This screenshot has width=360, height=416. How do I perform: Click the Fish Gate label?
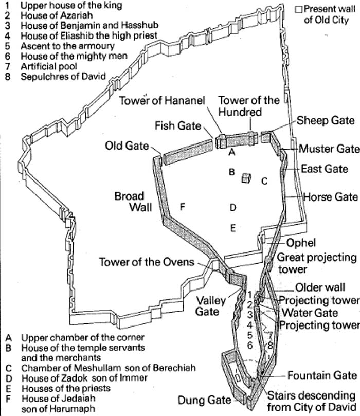point(178,125)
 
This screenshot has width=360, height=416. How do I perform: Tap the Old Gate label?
point(127,146)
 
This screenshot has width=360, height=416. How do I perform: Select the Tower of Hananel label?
point(162,101)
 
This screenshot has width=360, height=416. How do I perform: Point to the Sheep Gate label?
point(326,120)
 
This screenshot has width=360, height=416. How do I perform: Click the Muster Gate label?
point(329,149)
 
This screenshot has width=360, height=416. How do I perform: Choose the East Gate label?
point(325,169)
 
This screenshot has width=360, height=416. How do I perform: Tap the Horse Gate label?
point(331,197)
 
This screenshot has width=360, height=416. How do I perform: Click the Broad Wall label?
point(133,202)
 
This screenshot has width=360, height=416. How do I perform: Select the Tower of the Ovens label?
point(147,262)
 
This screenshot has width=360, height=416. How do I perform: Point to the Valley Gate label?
point(211,306)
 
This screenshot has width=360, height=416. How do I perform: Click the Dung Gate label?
point(204,400)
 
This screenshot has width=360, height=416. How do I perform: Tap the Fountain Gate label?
point(322,376)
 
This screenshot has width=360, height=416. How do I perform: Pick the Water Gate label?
point(310,313)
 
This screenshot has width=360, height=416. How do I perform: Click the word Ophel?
point(301,243)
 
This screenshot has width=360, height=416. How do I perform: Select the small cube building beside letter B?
point(246,178)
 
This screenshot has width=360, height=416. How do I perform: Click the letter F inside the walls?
point(182,207)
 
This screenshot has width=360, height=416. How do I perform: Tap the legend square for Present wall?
point(299,9)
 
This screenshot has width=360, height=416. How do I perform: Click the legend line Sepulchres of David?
point(56,77)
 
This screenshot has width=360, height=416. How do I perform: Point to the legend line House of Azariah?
point(48,15)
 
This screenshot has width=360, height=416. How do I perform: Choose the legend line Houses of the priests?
point(58,388)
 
